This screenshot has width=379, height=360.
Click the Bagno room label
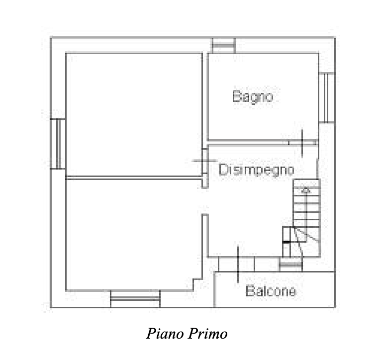253,96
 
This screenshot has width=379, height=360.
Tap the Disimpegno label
257,170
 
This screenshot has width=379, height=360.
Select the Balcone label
271,291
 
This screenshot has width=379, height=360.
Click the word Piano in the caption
165,334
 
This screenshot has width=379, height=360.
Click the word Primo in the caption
207,334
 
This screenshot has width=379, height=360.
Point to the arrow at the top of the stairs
306,190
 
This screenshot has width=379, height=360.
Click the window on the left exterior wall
58,144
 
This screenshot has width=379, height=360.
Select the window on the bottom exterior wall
135,299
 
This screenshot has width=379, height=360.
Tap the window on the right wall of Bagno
327,97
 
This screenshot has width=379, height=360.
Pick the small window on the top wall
224,45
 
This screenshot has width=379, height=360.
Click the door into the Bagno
302,143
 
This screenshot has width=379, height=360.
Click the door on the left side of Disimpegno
205,161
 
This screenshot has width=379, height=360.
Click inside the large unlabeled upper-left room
134,114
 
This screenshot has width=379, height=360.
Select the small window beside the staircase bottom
291,265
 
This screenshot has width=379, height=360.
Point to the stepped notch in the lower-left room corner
197,284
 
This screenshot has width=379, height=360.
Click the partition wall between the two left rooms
134,178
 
